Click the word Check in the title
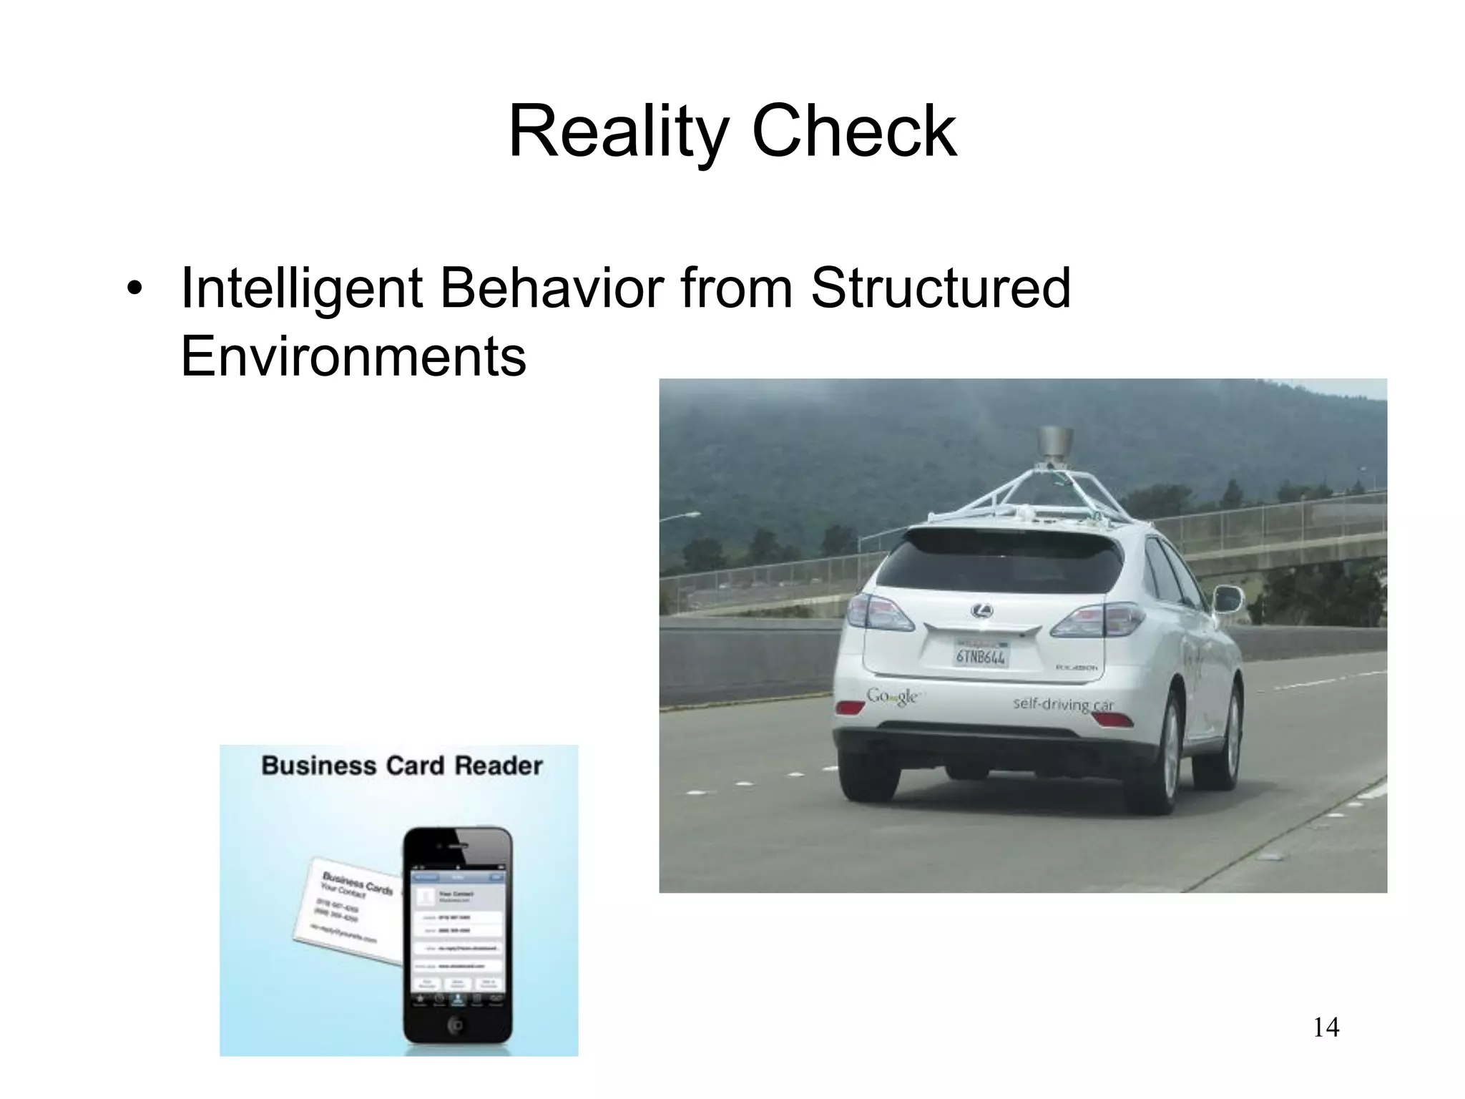(x=854, y=133)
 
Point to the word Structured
(x=940, y=288)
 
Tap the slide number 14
(x=1326, y=1028)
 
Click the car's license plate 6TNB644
(x=981, y=656)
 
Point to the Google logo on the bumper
(x=892, y=695)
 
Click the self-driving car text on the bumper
(x=1064, y=704)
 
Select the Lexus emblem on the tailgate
(x=982, y=611)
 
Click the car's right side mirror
(x=1228, y=598)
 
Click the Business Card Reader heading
(x=402, y=766)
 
